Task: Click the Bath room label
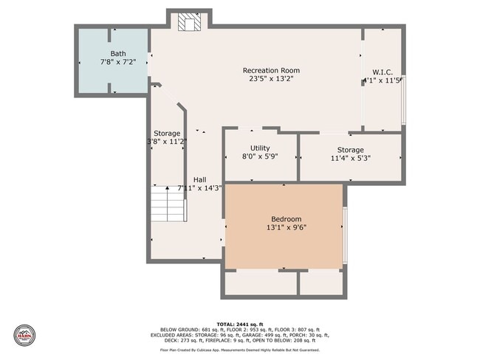(118, 54)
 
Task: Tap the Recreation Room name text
(271, 71)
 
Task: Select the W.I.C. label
(383, 72)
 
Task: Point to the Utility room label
(260, 148)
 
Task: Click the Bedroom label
(286, 219)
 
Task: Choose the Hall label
(199, 179)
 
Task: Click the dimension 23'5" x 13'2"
(271, 80)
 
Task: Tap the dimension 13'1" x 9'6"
(286, 228)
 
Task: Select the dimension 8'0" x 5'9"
(260, 157)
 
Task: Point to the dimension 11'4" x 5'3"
(350, 158)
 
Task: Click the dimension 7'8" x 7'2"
(118, 63)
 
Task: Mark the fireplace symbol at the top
(189, 23)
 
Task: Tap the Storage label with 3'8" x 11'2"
(167, 134)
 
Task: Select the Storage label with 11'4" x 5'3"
(350, 150)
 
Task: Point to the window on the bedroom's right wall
(344, 226)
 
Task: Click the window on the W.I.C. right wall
(403, 100)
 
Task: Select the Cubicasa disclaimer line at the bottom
(239, 350)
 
